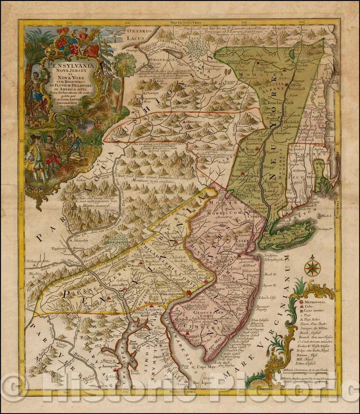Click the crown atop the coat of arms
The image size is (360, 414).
(65, 32)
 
